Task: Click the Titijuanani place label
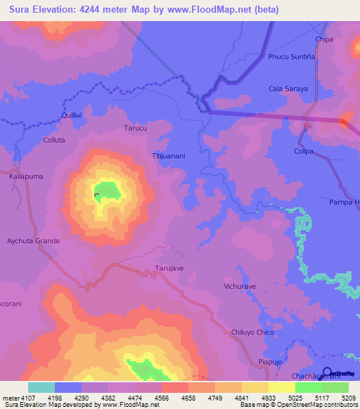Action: pyautogui.click(x=168, y=155)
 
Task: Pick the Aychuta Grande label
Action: pyautogui.click(x=34, y=240)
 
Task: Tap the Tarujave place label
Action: pyautogui.click(x=169, y=268)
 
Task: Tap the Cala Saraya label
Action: pyautogui.click(x=285, y=89)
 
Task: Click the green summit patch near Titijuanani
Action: pyautogui.click(x=106, y=190)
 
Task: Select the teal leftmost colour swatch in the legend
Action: pyautogui.click(x=41, y=387)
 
